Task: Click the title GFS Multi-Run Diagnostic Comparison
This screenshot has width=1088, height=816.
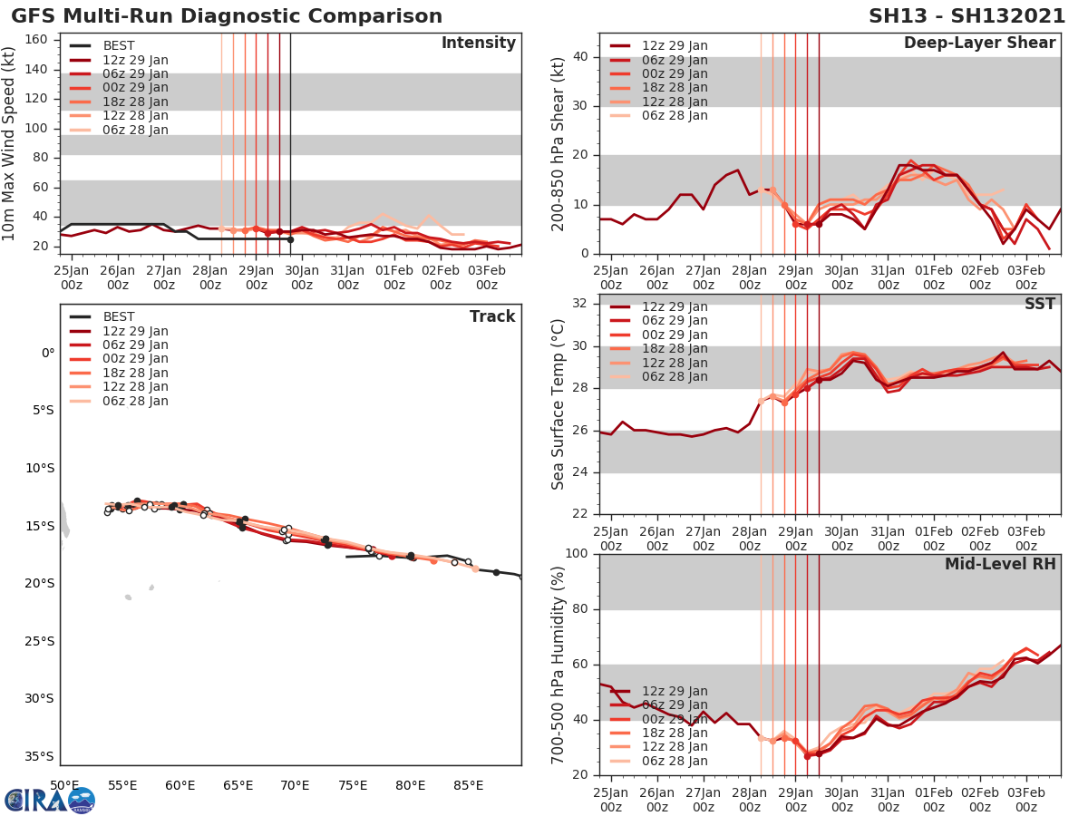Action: click(227, 16)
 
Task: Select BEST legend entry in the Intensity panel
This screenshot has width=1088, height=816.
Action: click(120, 45)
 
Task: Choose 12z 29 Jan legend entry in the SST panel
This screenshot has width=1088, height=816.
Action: click(675, 306)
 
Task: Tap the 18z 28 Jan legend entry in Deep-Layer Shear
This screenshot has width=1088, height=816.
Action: click(675, 88)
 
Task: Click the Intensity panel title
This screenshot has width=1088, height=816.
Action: click(478, 44)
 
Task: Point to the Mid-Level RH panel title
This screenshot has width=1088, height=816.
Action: click(1000, 564)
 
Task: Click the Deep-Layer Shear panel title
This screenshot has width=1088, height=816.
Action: click(979, 44)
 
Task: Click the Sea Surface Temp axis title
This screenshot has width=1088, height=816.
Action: click(559, 405)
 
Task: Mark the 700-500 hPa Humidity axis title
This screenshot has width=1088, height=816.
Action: click(559, 664)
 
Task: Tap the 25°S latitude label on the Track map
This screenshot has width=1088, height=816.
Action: click(42, 641)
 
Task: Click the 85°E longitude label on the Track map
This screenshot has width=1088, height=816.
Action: click(469, 784)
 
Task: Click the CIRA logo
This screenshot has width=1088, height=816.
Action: click(49, 800)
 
